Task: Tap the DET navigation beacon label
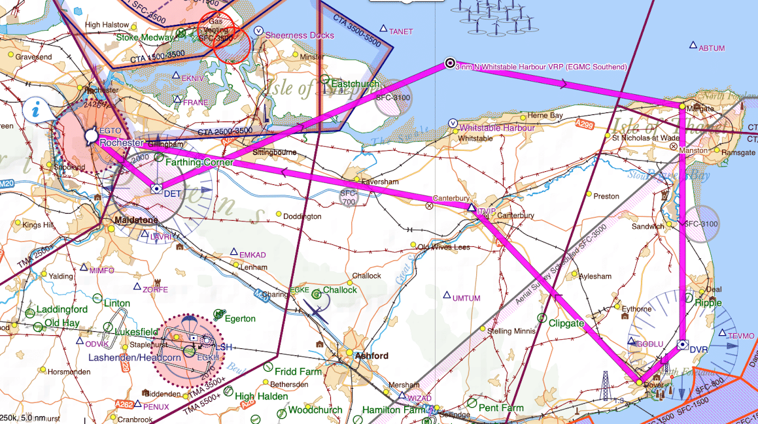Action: click(172, 194)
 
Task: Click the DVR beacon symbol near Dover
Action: click(682, 344)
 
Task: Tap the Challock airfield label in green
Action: click(339, 290)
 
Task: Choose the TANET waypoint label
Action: click(401, 31)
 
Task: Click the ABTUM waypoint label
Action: click(712, 48)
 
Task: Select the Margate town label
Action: click(699, 107)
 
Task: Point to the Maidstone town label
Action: click(133, 220)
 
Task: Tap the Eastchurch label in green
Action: click(354, 84)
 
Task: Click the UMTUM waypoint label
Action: click(466, 298)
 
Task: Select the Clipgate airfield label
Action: click(566, 323)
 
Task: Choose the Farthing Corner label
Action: click(199, 162)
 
